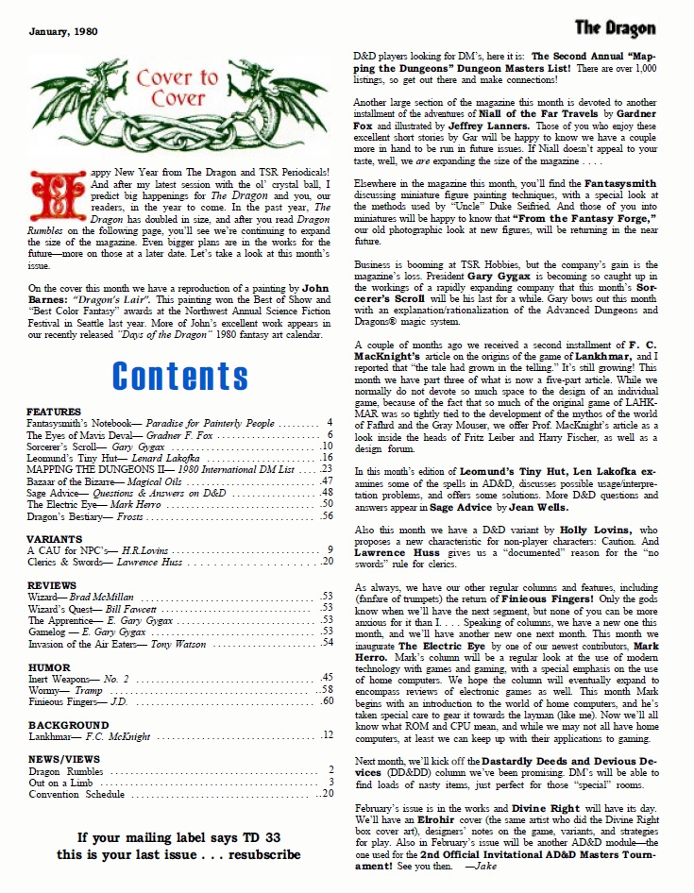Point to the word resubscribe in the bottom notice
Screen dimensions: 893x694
258,854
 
